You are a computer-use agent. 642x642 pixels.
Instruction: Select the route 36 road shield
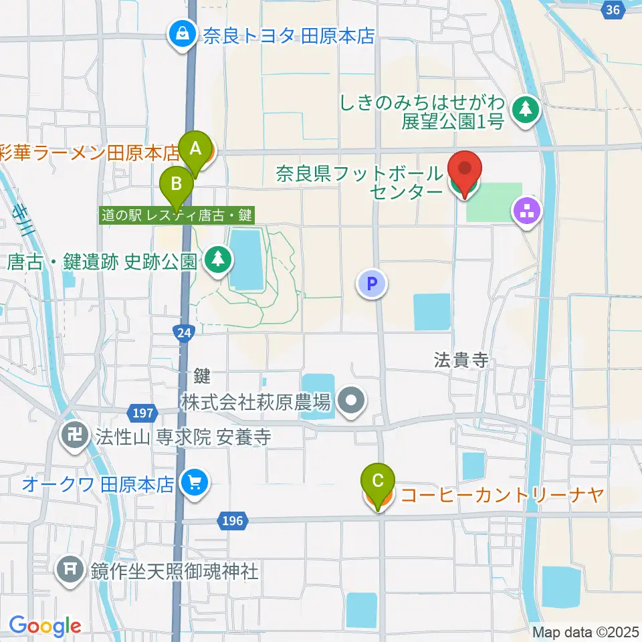click(x=613, y=9)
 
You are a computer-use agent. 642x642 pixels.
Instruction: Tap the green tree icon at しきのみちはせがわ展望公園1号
click(x=526, y=111)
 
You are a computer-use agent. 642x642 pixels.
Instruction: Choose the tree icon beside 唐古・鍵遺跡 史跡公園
click(x=217, y=259)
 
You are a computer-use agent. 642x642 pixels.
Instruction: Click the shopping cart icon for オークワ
click(x=195, y=484)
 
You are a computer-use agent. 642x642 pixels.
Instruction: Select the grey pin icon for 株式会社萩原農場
click(x=351, y=402)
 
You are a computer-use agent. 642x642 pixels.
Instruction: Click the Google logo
click(x=45, y=627)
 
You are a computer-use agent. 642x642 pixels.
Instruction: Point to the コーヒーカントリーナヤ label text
click(x=502, y=496)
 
